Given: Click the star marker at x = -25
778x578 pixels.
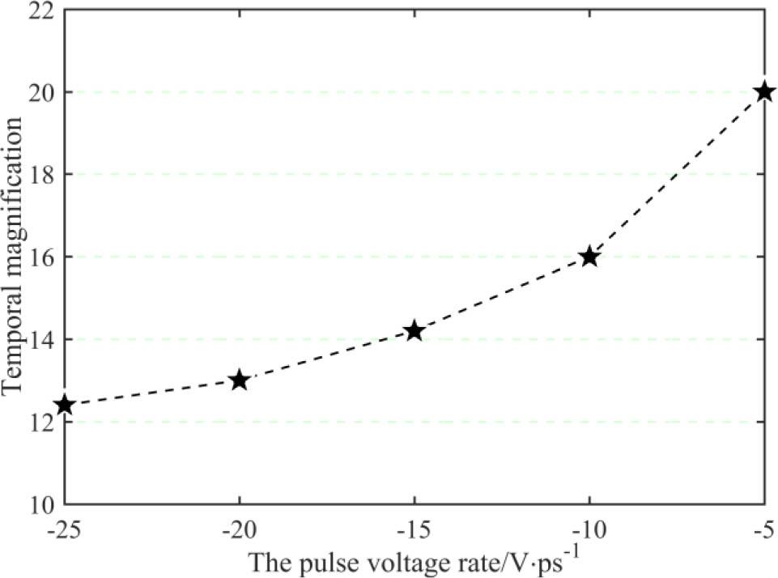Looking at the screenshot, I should coord(65,405).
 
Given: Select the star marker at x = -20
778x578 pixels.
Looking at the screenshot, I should coord(239,380).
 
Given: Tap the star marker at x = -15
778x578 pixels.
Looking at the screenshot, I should coord(415,330).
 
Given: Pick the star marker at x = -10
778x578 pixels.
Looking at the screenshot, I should coord(589,257).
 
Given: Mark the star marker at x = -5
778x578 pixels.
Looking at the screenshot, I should coord(763,92).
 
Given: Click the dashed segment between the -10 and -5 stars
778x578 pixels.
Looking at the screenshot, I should coord(677,175).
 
